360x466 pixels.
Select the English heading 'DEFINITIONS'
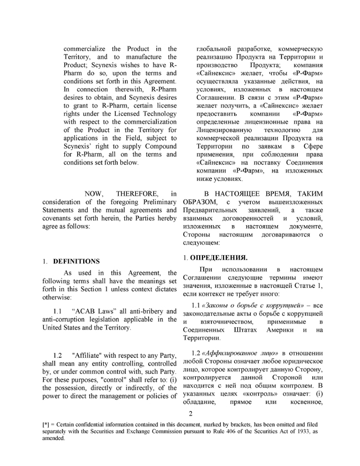coord(77,261)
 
